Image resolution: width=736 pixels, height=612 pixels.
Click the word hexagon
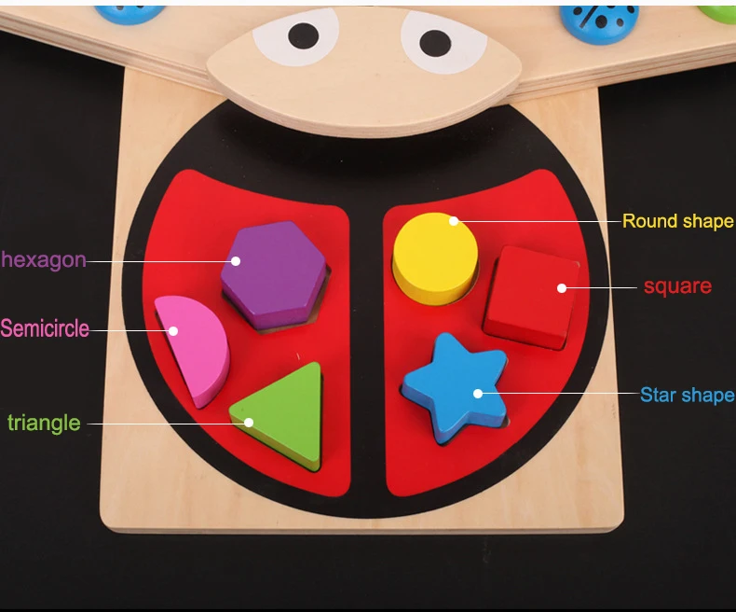click(x=44, y=260)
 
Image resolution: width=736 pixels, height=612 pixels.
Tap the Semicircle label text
click(x=45, y=328)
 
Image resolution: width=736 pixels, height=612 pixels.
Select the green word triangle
click(x=44, y=423)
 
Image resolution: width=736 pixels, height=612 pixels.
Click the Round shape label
click(x=678, y=221)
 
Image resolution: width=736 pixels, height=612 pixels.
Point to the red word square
click(x=677, y=286)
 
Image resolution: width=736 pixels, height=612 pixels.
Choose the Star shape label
click(x=687, y=395)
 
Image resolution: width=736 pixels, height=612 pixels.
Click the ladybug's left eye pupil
click(x=303, y=36)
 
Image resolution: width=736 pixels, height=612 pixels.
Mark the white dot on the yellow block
click(x=454, y=221)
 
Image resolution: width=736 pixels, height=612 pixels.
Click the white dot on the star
click(x=477, y=394)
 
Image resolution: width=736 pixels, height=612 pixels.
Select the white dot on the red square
click(x=562, y=287)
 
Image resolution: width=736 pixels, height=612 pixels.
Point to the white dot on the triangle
click(x=249, y=423)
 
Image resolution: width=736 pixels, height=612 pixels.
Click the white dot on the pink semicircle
click(x=172, y=329)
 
